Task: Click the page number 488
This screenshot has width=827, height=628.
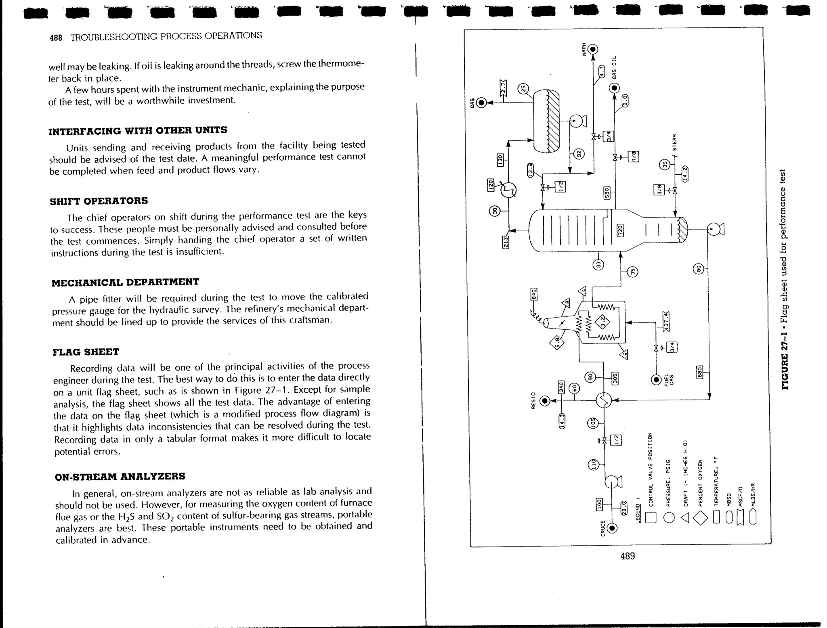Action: tap(56, 38)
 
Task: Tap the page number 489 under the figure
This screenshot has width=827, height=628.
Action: tap(627, 556)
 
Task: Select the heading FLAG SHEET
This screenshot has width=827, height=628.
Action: tap(86, 352)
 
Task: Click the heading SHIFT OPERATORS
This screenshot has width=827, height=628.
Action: tap(99, 201)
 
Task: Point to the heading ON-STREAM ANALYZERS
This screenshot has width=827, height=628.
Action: tap(120, 477)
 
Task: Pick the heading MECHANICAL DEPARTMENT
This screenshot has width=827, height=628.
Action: tap(125, 282)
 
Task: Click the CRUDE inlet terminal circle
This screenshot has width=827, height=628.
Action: tap(612, 528)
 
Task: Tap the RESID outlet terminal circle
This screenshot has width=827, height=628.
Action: tap(545, 401)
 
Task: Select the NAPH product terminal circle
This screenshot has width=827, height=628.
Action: tap(593, 50)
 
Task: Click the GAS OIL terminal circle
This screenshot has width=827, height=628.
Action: tap(614, 88)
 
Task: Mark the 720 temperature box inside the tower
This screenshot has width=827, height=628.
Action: tap(620, 230)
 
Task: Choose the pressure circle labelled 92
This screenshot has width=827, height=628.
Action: tap(579, 154)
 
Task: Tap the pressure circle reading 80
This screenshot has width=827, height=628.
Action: tap(699, 268)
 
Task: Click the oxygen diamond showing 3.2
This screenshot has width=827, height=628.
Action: tap(603, 322)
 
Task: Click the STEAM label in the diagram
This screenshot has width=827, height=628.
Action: tap(674, 142)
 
